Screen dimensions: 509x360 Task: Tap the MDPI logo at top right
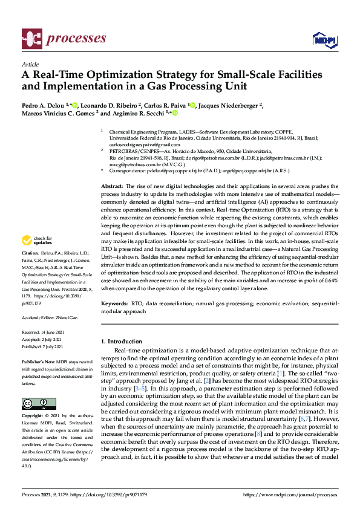(x=324, y=40)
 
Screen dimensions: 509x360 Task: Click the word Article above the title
(x=30, y=63)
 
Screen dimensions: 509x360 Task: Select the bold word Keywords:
(x=114, y=301)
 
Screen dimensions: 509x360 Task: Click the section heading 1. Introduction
(x=124, y=342)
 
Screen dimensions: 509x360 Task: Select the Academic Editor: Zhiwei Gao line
(x=50, y=317)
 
